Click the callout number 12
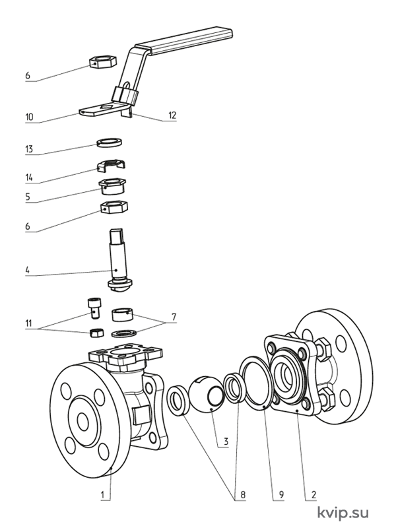click(172, 115)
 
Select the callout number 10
click(29, 117)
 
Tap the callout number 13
click(29, 149)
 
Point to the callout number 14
click(29, 178)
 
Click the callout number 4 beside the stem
click(27, 270)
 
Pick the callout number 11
click(28, 323)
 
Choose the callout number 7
click(174, 317)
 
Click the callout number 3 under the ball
click(226, 441)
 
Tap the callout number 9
click(281, 494)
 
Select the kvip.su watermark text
click(343, 513)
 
